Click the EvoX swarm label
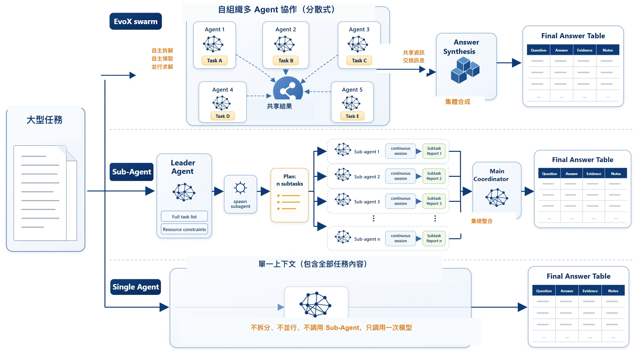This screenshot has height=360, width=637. [136, 21]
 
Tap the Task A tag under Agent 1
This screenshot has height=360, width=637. [214, 61]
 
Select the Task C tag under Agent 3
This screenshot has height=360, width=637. [359, 61]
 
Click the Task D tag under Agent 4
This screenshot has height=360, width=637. [223, 116]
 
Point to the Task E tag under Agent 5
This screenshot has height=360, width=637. [352, 116]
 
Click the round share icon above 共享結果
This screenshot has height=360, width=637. [288, 88]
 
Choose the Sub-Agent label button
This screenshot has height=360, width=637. [132, 172]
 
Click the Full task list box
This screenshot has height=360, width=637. [184, 217]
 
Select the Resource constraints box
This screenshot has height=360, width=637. [184, 229]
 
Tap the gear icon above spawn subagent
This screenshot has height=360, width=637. [240, 188]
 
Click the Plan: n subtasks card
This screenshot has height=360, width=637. [290, 195]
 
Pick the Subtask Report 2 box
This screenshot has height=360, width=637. [434, 176]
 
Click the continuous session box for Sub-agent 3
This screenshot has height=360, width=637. [401, 201]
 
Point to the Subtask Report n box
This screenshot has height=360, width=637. [434, 238]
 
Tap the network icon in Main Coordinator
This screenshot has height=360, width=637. [497, 197]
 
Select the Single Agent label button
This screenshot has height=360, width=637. [136, 287]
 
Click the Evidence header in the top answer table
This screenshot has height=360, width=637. [585, 50]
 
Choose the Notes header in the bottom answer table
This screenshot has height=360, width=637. [613, 291]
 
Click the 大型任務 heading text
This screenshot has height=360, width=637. [45, 120]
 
